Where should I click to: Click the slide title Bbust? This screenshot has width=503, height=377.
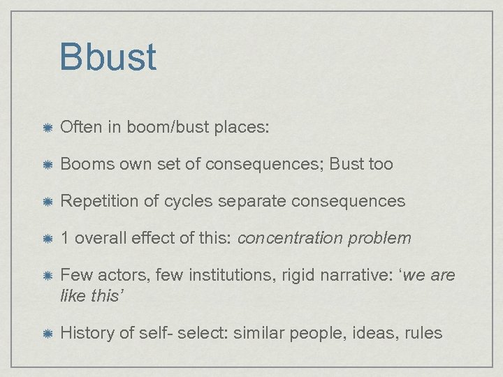(x=108, y=57)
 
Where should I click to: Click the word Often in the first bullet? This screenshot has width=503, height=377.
(x=80, y=128)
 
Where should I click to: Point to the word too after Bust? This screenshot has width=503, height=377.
(x=381, y=165)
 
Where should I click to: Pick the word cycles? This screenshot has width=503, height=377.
(x=188, y=202)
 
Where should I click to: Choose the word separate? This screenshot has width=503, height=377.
(x=251, y=202)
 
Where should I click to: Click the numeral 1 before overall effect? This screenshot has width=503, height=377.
(x=65, y=239)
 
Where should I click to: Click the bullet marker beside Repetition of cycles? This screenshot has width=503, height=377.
(x=46, y=202)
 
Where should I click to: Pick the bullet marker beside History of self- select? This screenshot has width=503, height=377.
(x=46, y=333)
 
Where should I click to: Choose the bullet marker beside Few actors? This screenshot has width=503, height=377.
(x=46, y=276)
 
